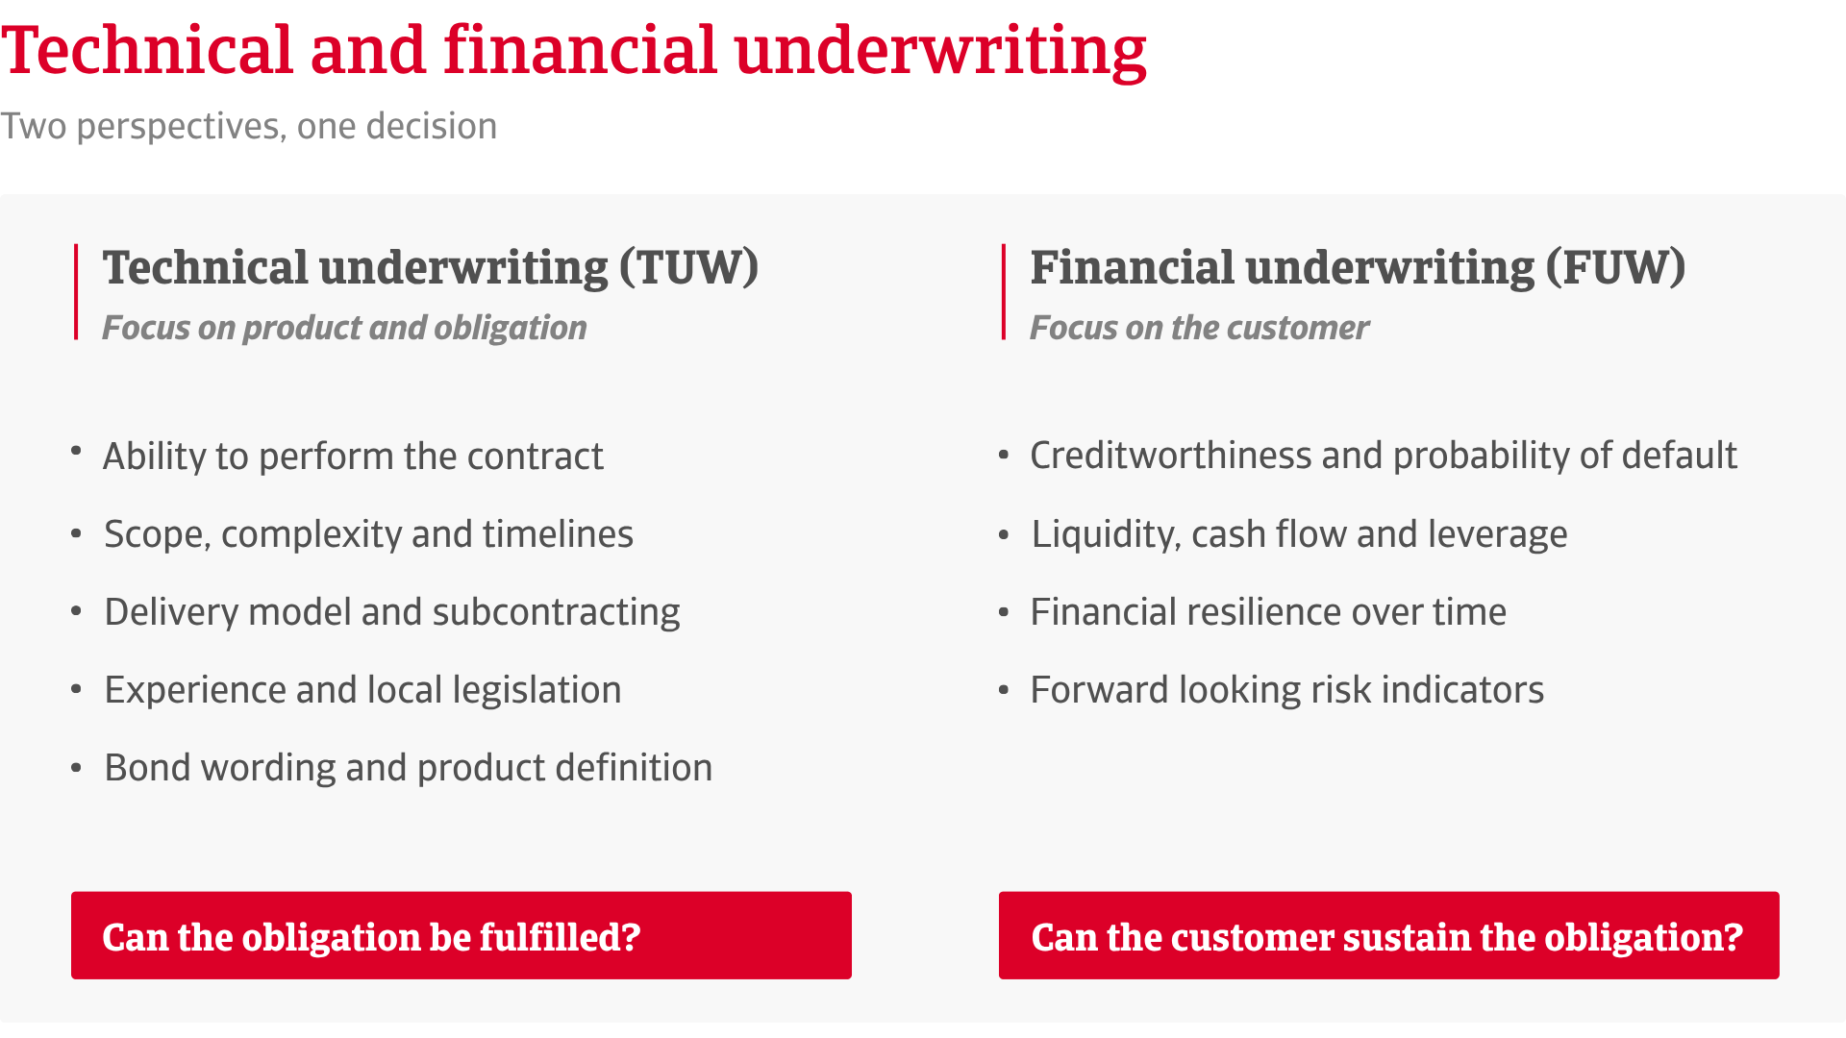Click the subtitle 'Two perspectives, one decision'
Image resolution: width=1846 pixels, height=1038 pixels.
tap(249, 127)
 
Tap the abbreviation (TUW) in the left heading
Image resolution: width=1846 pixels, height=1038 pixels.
tap(688, 267)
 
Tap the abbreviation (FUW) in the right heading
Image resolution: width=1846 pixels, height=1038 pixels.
tap(1615, 267)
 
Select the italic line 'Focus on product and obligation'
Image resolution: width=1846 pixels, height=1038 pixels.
tap(344, 329)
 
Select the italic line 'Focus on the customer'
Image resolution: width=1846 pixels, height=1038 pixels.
tap(1199, 329)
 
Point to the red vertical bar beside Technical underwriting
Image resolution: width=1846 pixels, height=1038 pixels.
tap(76, 291)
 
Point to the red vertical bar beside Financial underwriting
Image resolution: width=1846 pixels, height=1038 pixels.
tap(1003, 291)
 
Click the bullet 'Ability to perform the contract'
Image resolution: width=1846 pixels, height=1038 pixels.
tap(353, 457)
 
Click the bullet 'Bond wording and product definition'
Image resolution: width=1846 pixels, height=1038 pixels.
tap(408, 769)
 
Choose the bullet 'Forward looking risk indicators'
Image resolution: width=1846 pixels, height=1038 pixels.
tap(1286, 691)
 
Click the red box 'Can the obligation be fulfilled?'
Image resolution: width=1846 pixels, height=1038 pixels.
tap(461, 935)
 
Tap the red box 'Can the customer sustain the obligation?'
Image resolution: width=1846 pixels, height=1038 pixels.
tap(1389, 935)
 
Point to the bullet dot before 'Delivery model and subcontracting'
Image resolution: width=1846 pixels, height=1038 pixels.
tap(76, 612)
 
